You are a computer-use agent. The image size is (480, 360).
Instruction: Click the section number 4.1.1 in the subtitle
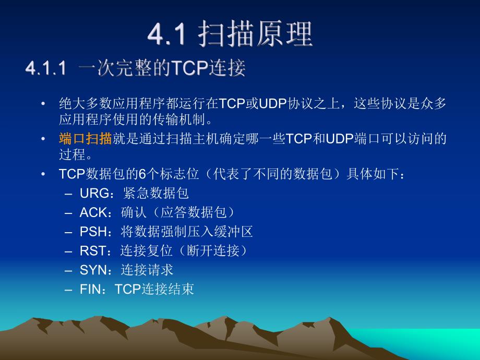tap(46, 69)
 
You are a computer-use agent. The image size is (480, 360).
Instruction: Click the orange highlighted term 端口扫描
tap(85, 139)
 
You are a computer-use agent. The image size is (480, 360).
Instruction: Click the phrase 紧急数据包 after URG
tap(156, 194)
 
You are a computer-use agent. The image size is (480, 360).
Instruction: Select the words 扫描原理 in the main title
tap(256, 34)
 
